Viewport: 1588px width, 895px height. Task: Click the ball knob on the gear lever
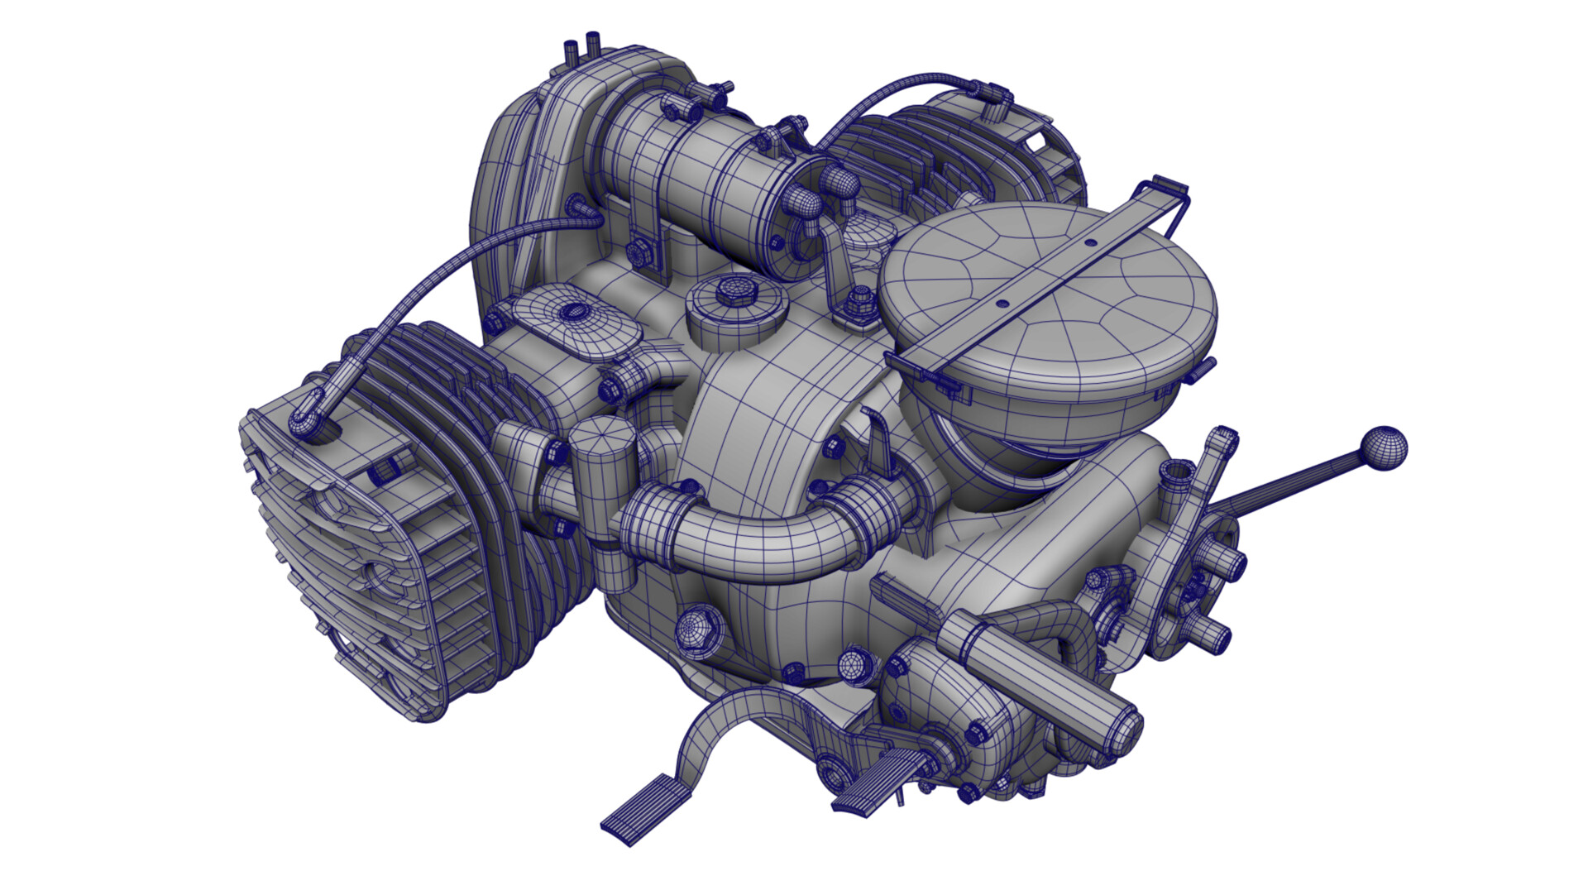coord(1383,449)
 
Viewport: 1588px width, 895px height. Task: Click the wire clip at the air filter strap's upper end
coord(1168,194)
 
